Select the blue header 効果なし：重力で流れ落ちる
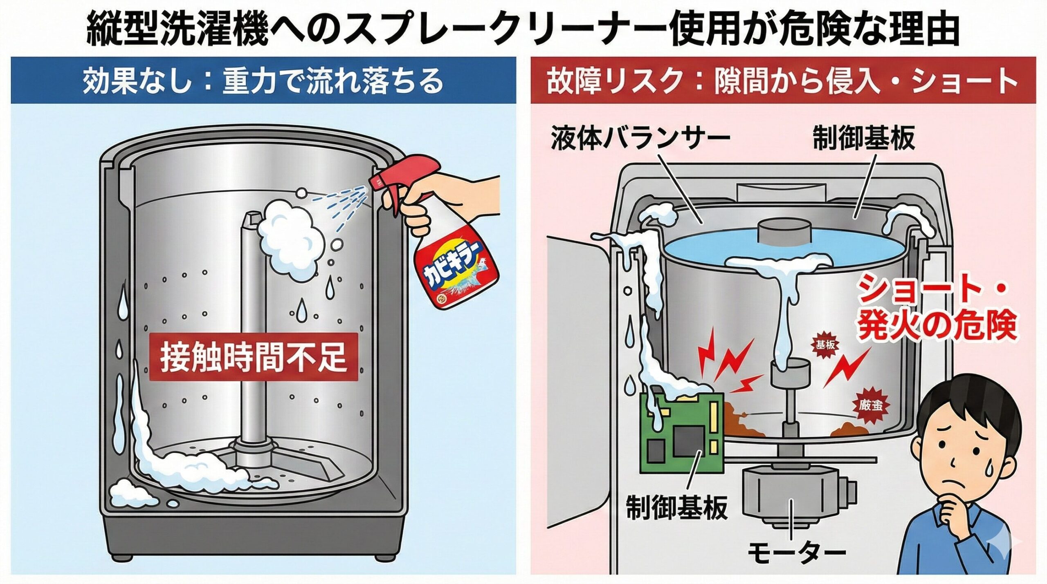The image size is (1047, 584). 263,81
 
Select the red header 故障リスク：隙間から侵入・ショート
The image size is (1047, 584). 782,81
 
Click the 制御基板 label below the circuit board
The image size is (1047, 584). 677,507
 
